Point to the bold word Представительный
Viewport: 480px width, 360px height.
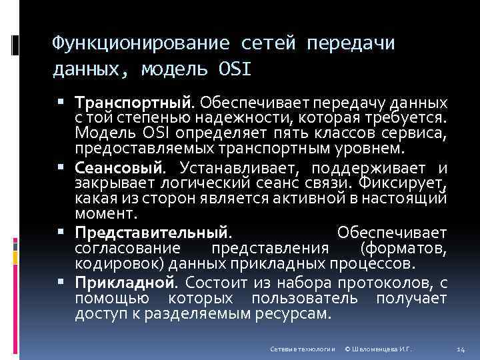click(152, 233)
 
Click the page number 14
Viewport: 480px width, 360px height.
click(460, 349)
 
